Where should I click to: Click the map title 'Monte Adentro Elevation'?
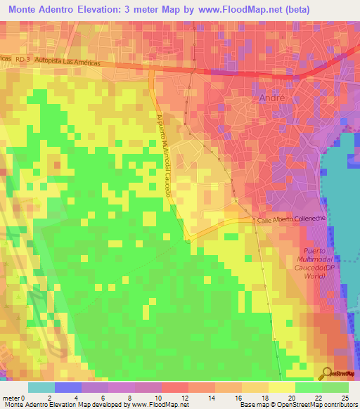pyautogui.click(x=67, y=9)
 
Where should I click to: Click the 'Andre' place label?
pyautogui.click(x=272, y=98)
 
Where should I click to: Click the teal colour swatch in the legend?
pyautogui.click(x=41, y=387)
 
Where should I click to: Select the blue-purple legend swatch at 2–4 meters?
pyautogui.click(x=67, y=387)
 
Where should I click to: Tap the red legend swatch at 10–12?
pyautogui.click(x=175, y=387)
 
